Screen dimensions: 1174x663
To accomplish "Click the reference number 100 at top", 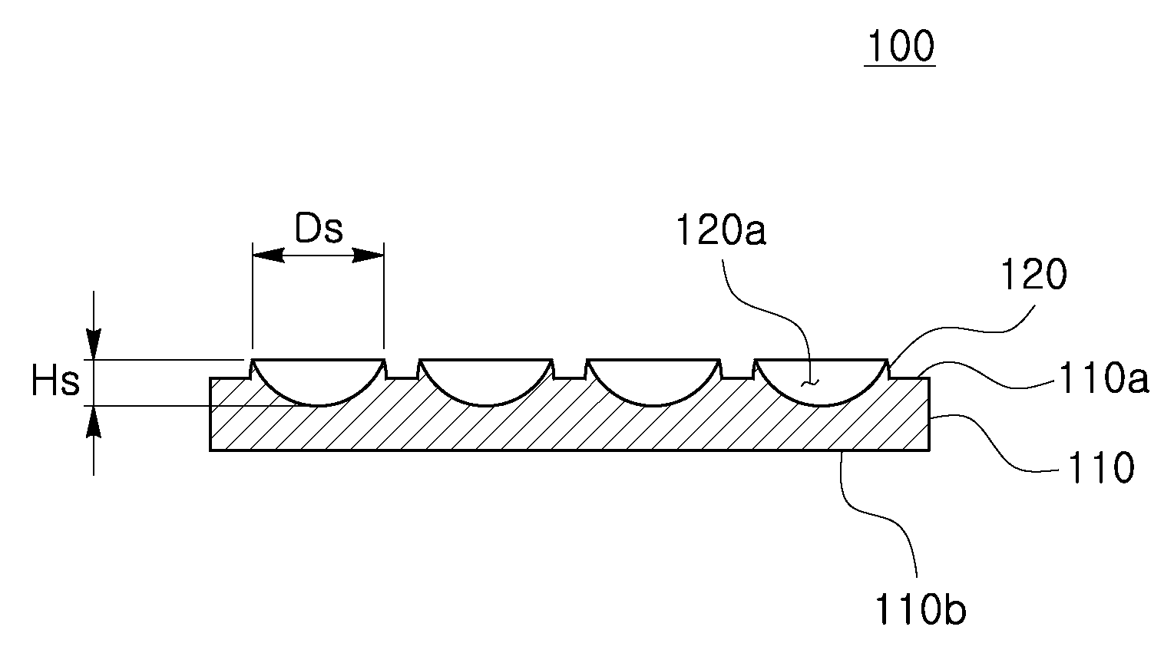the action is tap(901, 46).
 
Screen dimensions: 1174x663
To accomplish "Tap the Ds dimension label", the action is tap(319, 229).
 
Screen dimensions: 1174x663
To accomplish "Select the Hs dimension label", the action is tap(55, 381).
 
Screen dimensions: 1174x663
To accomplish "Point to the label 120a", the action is tap(721, 230).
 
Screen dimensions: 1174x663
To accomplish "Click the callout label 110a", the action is tap(1104, 378).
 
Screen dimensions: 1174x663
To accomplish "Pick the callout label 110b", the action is tap(921, 609).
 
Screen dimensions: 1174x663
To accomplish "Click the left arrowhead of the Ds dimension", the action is tap(268, 256).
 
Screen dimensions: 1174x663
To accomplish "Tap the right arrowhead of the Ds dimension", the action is tap(368, 256).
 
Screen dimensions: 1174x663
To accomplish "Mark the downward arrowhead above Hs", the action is tap(94, 345).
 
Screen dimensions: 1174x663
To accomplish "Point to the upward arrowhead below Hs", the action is tap(94, 421).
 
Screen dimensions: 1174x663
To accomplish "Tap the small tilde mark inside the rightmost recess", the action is tap(810, 384).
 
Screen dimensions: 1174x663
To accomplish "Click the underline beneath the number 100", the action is tap(900, 65).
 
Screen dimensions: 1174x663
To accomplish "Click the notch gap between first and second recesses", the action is tap(402, 371).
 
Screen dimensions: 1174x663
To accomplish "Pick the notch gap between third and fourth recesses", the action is tap(738, 371).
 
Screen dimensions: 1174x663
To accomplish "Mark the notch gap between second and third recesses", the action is tap(570, 371).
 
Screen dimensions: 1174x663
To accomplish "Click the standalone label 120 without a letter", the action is tap(1033, 275).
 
